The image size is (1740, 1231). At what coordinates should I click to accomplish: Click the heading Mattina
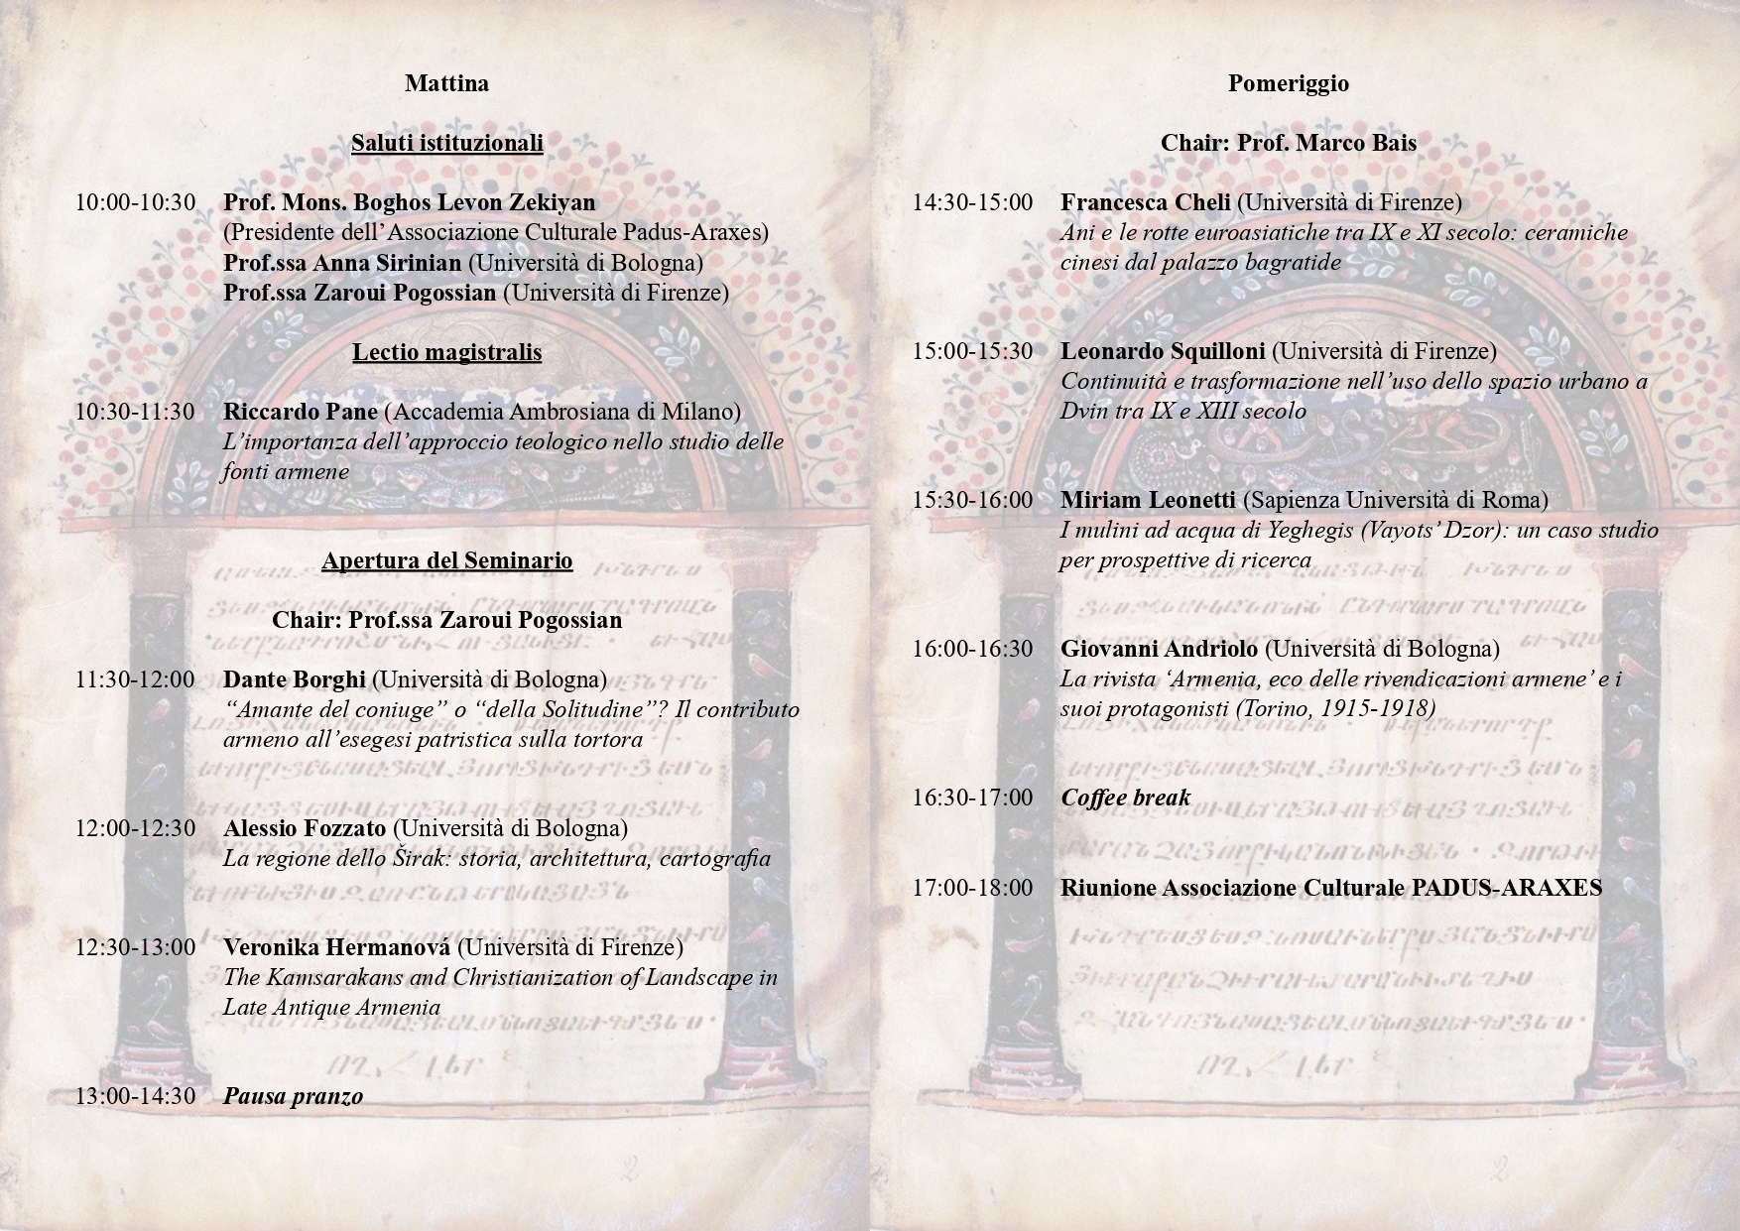[446, 83]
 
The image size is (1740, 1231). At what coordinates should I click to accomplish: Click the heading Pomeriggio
[1288, 83]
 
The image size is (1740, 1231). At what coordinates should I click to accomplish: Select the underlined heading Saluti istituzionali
[446, 143]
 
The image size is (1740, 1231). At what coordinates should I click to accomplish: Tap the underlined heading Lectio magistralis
[446, 352]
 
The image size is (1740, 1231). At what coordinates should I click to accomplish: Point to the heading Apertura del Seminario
[446, 560]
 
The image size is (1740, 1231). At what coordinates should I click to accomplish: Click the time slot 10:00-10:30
[136, 202]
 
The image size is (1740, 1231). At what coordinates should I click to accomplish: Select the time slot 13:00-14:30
[136, 1096]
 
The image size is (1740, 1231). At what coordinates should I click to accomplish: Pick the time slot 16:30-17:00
[973, 798]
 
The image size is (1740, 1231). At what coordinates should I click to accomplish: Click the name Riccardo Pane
[301, 412]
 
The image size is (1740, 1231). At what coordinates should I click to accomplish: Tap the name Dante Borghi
[295, 679]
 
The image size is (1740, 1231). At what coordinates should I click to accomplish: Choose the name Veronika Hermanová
[336, 947]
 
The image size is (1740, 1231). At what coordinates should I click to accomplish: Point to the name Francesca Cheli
[1145, 202]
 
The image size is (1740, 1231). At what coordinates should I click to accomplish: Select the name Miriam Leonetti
[1148, 500]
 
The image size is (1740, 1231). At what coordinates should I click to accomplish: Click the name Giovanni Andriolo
[1159, 649]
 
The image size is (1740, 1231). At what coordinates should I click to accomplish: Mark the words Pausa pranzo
[293, 1096]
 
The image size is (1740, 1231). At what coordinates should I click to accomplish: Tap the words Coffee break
[1125, 798]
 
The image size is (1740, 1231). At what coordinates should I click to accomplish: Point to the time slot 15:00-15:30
[973, 351]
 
